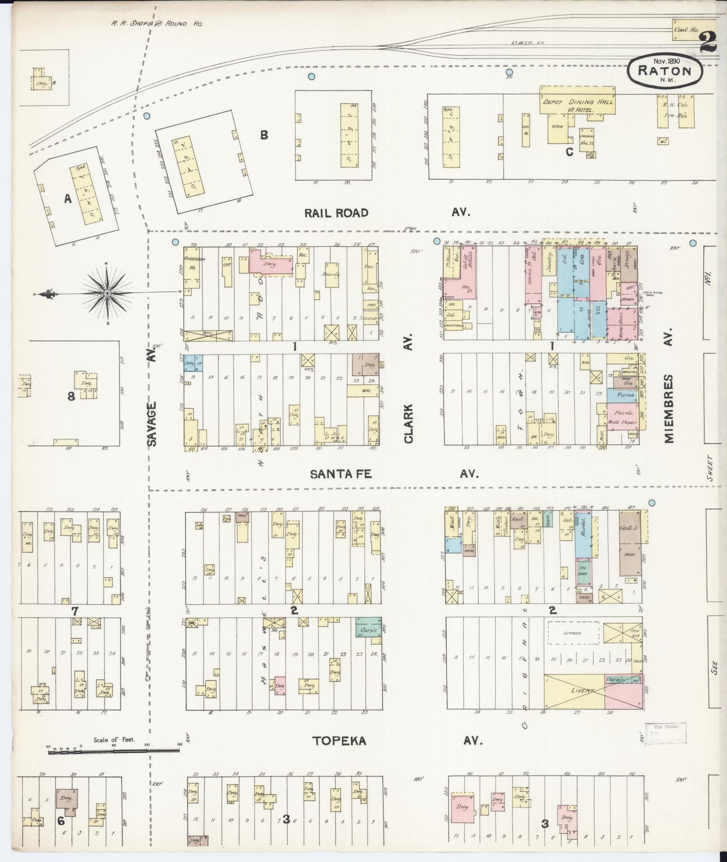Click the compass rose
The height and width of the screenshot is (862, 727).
click(x=108, y=292)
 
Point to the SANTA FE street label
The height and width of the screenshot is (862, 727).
click(x=340, y=474)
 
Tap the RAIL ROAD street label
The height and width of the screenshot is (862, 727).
click(x=336, y=213)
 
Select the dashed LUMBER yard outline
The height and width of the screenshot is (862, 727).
click(x=573, y=633)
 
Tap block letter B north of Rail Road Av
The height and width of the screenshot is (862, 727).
click(x=264, y=135)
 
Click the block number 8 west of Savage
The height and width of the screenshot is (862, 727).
click(x=71, y=396)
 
